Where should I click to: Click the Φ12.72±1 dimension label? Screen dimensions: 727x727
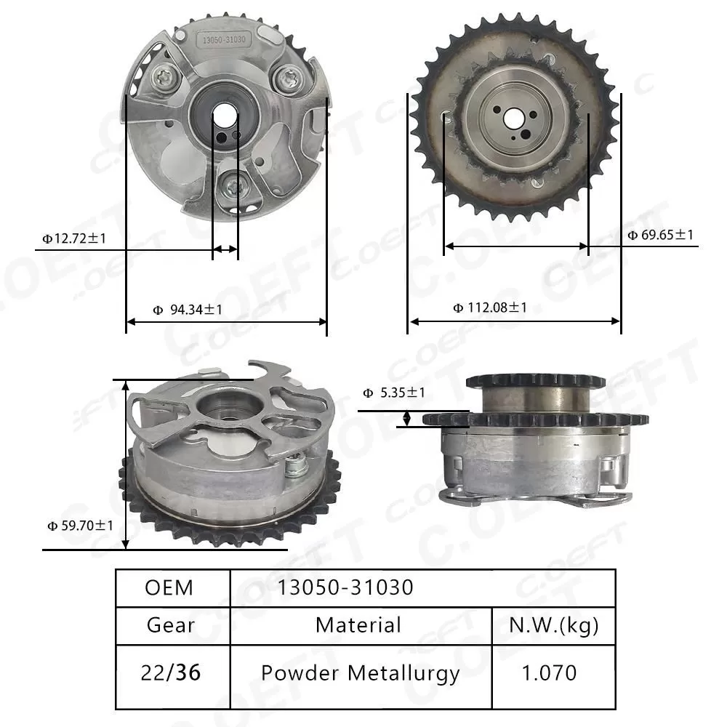75,238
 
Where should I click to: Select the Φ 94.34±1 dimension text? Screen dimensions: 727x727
188,310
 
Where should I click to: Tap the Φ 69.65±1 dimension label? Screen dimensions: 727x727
660,235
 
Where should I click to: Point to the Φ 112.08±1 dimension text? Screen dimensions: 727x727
490,308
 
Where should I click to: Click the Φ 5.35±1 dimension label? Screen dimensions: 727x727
393,393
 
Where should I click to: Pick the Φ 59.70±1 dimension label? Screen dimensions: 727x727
80,525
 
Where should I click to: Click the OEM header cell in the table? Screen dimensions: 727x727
169,587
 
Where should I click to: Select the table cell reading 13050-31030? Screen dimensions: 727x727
345,587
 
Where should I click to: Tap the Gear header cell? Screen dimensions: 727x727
171,625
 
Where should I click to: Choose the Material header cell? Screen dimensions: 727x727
358,625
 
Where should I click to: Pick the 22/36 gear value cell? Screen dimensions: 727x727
171,673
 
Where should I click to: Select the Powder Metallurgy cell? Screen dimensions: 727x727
360,673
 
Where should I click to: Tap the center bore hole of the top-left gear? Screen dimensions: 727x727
225,116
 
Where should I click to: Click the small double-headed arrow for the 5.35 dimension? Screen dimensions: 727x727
407,418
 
